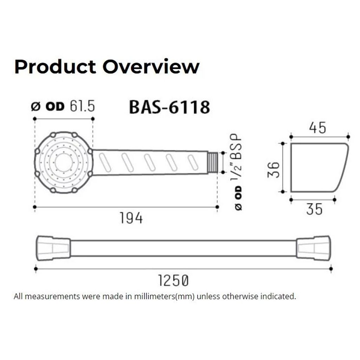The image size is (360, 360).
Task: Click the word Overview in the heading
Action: tap(151, 67)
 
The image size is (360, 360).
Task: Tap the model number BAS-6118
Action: tap(169, 107)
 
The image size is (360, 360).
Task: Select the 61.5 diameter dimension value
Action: tap(82, 106)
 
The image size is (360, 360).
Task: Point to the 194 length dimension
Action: tap(131, 218)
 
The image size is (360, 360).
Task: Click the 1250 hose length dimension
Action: tap(173, 281)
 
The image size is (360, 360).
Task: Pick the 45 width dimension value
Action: tap(317, 128)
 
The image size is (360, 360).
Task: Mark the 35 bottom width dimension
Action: tap(314, 209)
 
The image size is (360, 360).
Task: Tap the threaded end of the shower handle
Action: tap(213, 162)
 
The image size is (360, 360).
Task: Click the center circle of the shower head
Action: tap(64, 162)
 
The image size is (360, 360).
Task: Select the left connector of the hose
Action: tap(53, 248)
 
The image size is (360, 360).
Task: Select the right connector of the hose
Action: tap(313, 248)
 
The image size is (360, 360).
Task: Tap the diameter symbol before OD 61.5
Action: tap(36, 107)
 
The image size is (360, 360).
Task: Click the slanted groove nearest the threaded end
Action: tap(193, 162)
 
